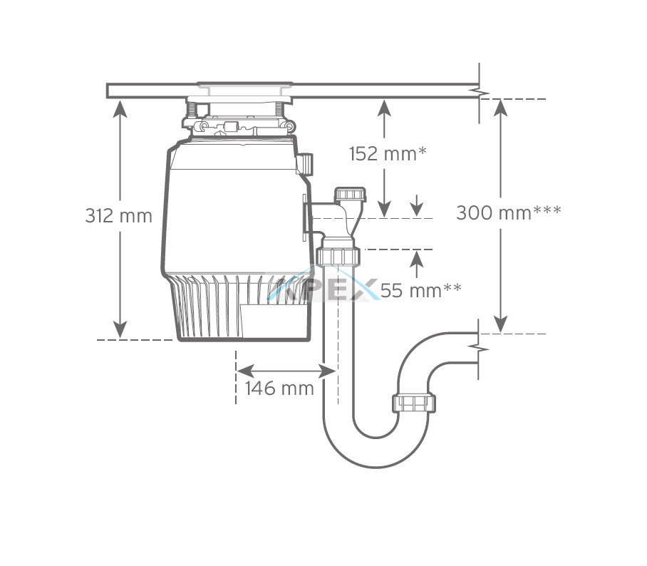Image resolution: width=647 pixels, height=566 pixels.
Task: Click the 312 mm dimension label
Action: [118, 215]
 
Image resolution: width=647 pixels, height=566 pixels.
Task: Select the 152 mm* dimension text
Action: [388, 154]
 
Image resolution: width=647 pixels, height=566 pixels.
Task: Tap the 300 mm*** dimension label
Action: [508, 213]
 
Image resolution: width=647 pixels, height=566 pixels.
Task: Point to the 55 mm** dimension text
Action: [420, 291]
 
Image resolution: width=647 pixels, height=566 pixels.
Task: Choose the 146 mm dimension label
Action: [279, 388]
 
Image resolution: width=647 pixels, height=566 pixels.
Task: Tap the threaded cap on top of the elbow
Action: [350, 195]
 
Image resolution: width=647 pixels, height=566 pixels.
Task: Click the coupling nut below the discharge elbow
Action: [338, 257]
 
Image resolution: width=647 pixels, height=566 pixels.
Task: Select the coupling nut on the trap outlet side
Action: [414, 403]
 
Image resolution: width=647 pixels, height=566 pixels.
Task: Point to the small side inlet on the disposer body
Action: [305, 163]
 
